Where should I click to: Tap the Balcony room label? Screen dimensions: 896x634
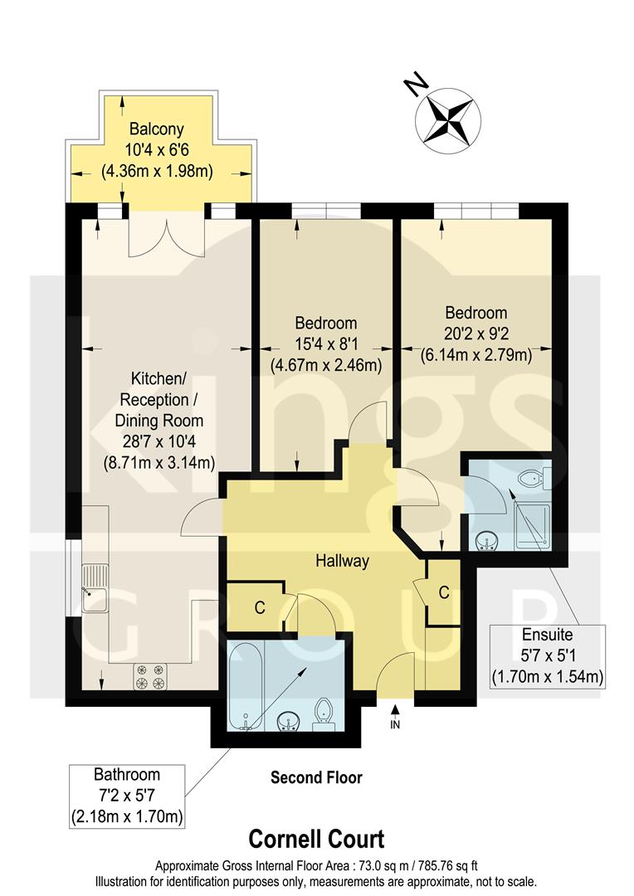click(x=157, y=129)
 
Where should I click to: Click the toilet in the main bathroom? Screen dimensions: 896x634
click(x=324, y=713)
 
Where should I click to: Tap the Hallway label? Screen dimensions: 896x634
click(x=341, y=562)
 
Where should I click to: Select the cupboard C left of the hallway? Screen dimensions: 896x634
click(x=259, y=608)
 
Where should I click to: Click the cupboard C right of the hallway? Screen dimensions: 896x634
click(x=443, y=592)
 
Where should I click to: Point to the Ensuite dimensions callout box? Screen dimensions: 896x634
click(x=545, y=655)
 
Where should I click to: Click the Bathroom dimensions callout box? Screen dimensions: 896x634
click(x=125, y=796)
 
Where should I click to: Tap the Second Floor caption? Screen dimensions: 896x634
click(x=316, y=778)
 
